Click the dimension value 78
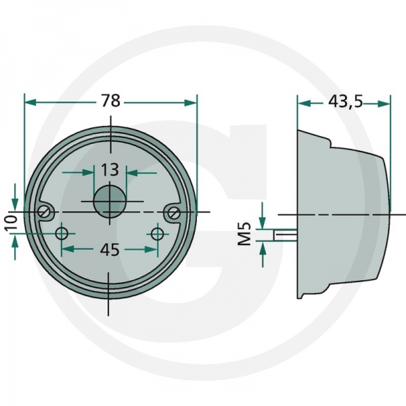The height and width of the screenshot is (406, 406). click(111, 101)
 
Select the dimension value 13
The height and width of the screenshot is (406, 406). click(110, 170)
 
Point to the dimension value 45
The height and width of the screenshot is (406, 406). click(110, 250)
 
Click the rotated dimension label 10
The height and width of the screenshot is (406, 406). click(11, 223)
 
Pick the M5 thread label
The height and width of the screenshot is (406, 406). click(245, 233)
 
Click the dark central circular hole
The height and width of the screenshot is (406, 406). click(110, 201)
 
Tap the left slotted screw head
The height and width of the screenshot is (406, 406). click(45, 212)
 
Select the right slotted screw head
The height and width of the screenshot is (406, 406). click(173, 212)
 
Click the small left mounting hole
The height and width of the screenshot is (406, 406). click(62, 233)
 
